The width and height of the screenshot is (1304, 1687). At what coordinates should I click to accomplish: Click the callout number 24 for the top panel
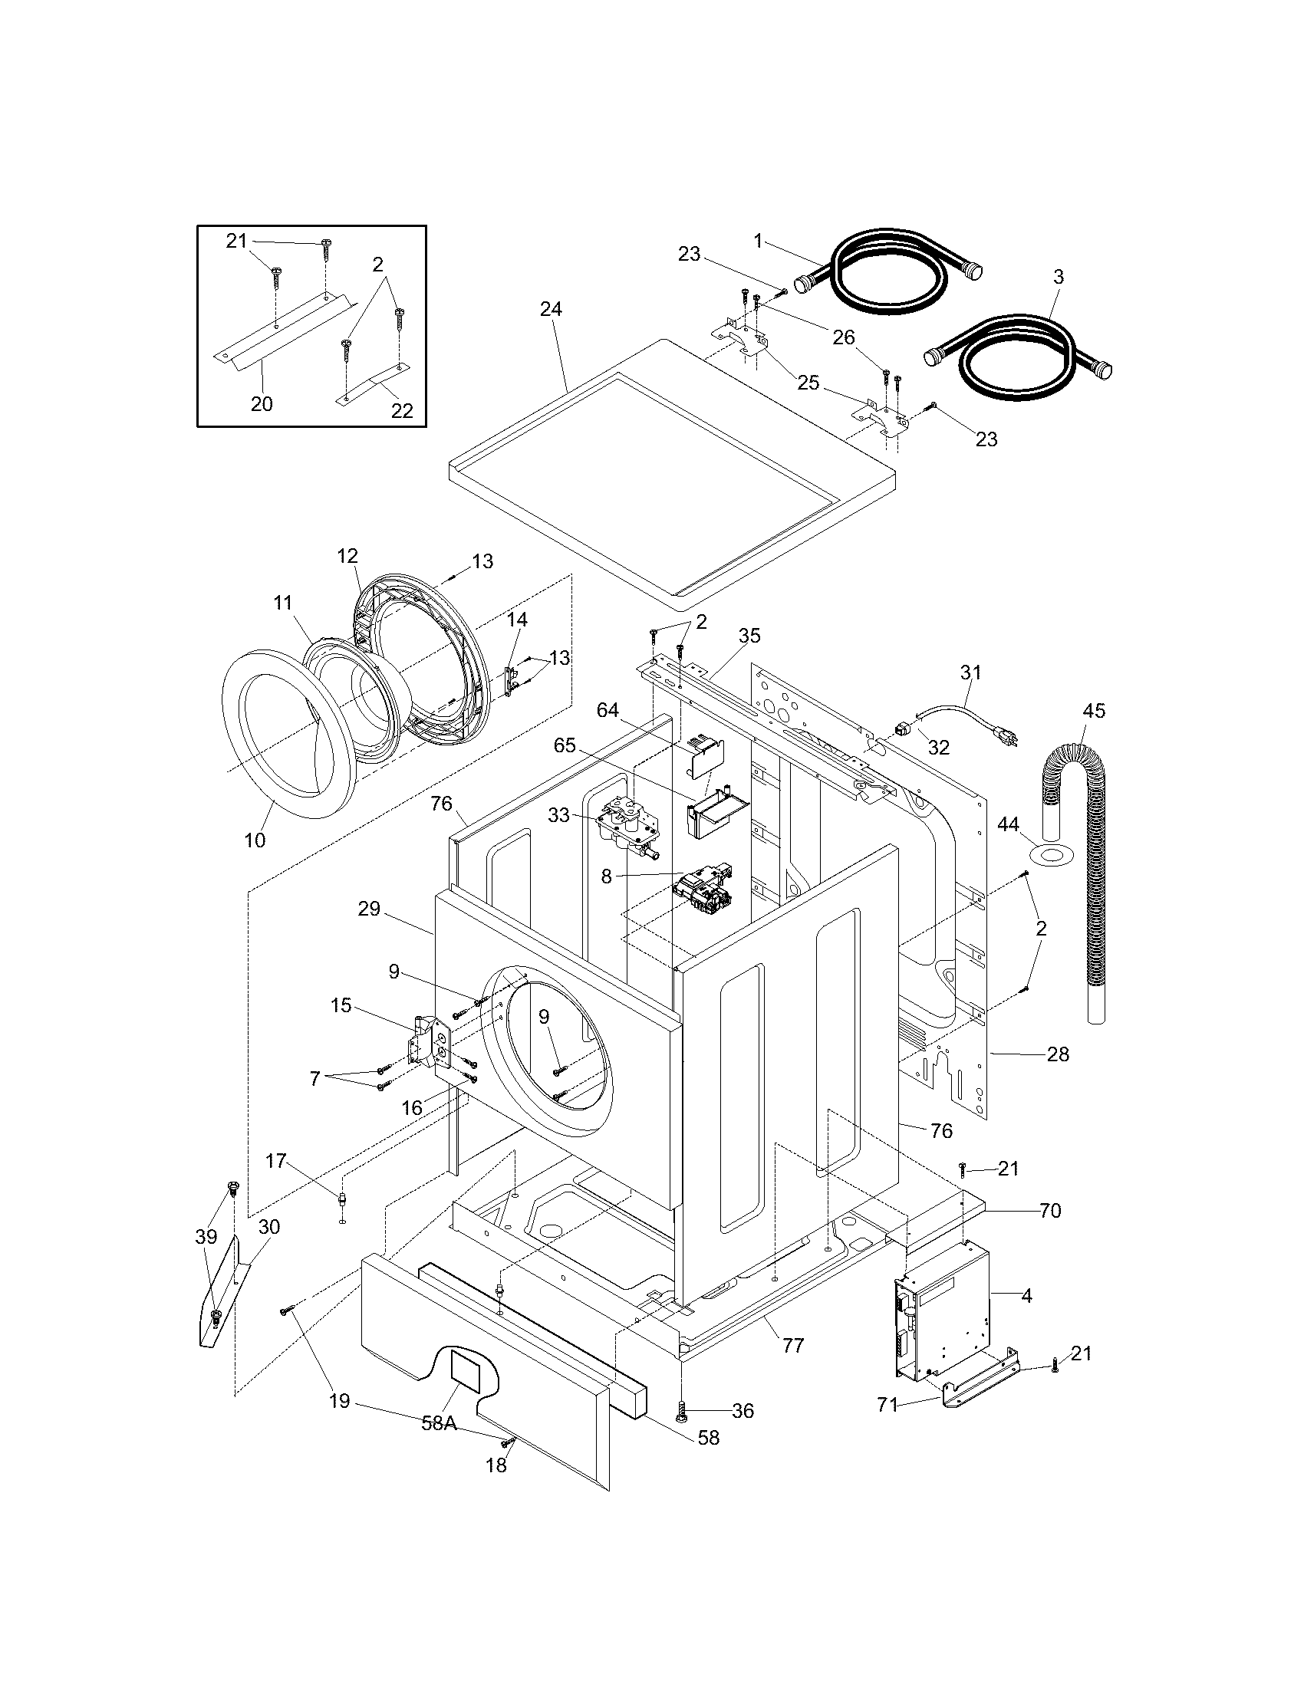(x=551, y=309)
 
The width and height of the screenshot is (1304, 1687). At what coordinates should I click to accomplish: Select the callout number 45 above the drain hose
(x=1094, y=710)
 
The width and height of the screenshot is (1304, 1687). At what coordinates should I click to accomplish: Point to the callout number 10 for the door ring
(x=255, y=840)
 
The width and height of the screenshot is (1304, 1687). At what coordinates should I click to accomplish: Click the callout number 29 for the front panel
(x=369, y=909)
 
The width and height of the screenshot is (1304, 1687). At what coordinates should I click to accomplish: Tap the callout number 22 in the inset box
(x=402, y=410)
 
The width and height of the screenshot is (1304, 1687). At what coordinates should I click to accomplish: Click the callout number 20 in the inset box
(x=262, y=403)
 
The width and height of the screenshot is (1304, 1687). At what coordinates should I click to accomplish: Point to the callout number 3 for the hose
(x=1059, y=277)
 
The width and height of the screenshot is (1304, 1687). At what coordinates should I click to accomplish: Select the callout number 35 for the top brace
(x=749, y=636)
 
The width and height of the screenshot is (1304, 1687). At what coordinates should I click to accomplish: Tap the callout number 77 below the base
(x=792, y=1345)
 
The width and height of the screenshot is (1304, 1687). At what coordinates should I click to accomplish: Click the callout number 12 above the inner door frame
(x=347, y=555)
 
